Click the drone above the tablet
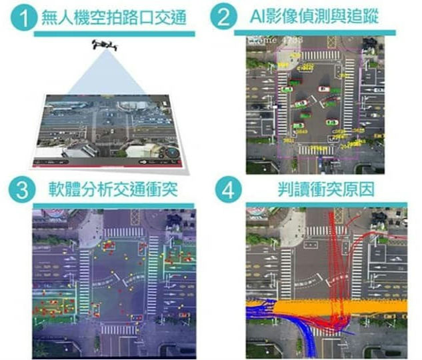pos(104,45)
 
